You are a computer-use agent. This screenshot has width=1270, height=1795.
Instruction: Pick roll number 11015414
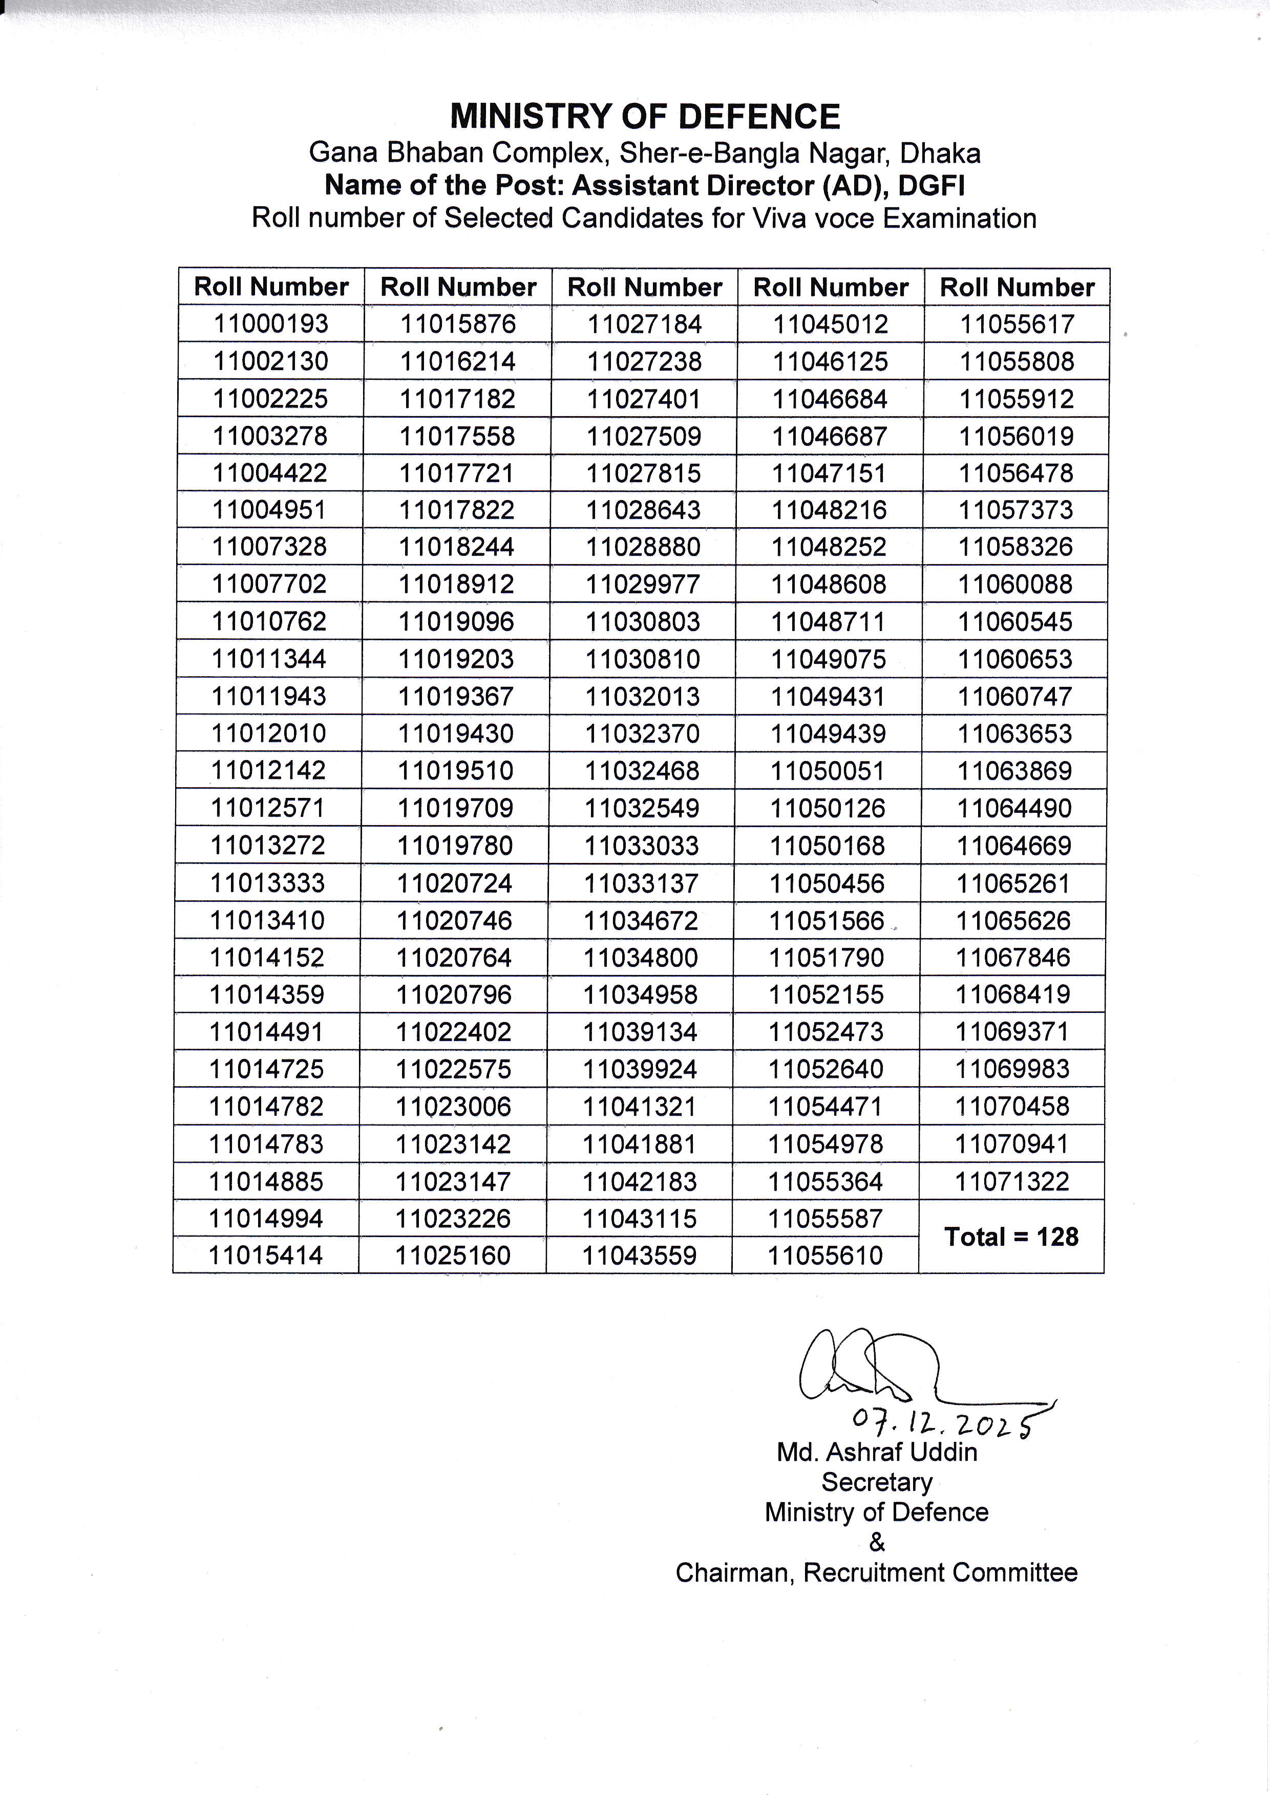[266, 1256]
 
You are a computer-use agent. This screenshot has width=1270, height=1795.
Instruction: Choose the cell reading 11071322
[1011, 1181]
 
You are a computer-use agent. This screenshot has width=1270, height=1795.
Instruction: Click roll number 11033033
[642, 846]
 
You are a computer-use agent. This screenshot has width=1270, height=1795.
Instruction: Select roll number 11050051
[828, 771]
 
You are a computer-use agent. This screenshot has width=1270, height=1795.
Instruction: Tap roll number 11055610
[825, 1256]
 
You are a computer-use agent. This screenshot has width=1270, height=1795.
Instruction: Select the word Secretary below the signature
[877, 1482]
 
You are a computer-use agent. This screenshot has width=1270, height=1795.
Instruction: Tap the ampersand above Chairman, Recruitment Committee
[877, 1543]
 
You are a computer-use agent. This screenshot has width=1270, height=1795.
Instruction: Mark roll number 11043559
[639, 1256]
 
